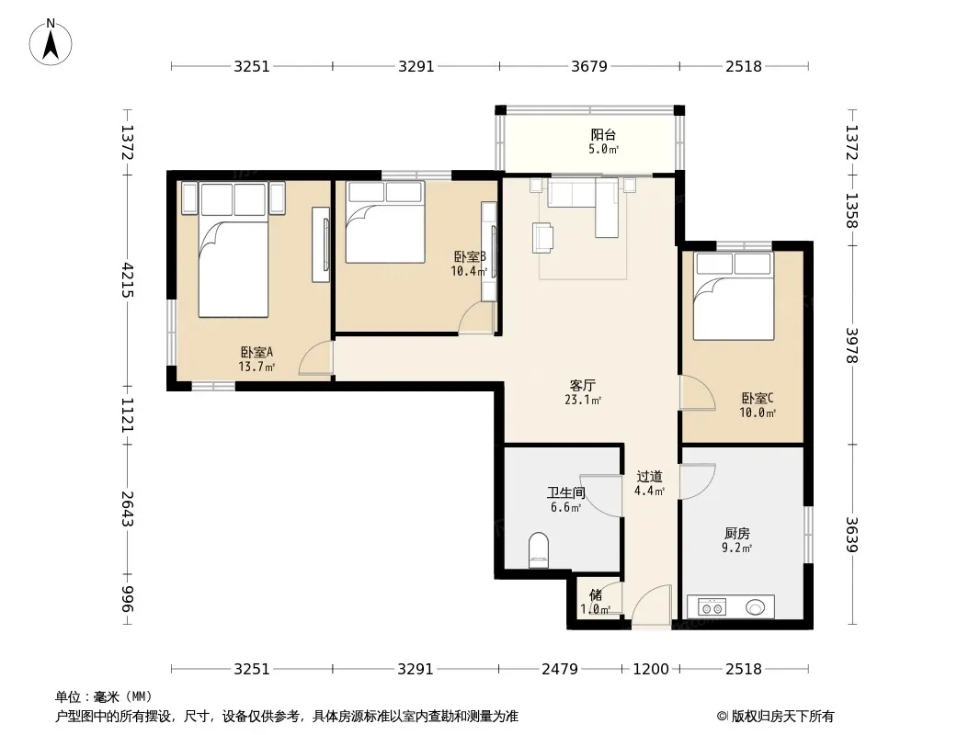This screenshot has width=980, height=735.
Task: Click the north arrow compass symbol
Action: pos(51,42)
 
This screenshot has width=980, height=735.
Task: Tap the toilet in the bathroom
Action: pos(538,550)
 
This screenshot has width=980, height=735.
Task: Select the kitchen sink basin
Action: pos(755,606)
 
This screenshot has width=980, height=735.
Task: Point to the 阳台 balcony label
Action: pos(603,134)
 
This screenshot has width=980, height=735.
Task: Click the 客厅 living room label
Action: pos(582,385)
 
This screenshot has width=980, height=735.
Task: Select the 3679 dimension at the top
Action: pos(588,66)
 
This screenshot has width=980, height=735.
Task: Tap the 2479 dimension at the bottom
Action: pos(559,670)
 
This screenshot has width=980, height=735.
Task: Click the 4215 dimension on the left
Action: pos(128,280)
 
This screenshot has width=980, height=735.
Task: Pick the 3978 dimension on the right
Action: pos(852,345)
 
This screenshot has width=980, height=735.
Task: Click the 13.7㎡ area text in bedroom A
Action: pos(256,367)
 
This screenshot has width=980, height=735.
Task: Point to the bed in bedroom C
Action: pos(734,295)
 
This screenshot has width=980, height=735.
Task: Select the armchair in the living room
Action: pos(542,238)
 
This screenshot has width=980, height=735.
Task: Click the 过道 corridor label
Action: pos(649,477)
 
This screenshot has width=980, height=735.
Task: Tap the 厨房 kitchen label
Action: pos(737,533)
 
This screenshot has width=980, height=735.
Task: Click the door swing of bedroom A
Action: pos(316,358)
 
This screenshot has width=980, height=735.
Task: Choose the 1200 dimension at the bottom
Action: pos(651,670)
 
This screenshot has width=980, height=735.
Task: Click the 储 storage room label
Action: pos(596,594)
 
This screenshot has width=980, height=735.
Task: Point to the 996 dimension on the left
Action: pos(128,598)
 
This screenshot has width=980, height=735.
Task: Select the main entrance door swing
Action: pos(651,605)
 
